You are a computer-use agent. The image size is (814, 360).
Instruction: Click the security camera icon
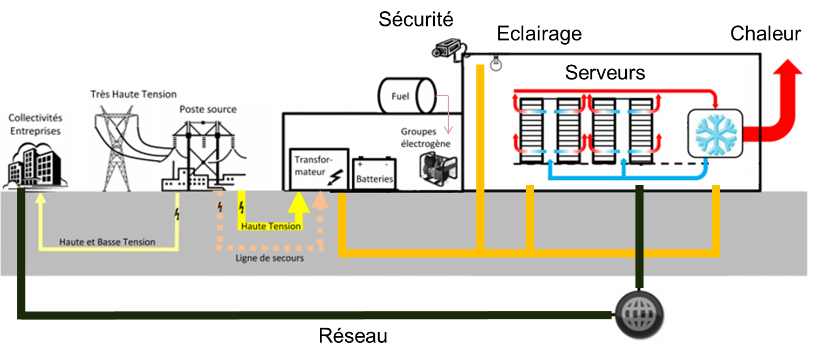pyautogui.click(x=447, y=48)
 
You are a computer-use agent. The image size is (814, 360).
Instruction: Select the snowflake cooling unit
pyautogui.click(x=715, y=133)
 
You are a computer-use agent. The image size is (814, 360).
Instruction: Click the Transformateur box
pyautogui.click(x=319, y=169)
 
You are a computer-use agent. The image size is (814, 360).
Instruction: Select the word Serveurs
pyautogui.click(x=605, y=72)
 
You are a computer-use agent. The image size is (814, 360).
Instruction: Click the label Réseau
pyautogui.click(x=353, y=336)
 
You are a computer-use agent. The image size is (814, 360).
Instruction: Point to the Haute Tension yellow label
pyautogui.click(x=271, y=226)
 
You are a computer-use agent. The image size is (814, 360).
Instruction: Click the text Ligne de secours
pyautogui.click(x=270, y=258)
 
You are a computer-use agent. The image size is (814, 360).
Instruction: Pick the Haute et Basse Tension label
pyautogui.click(x=107, y=242)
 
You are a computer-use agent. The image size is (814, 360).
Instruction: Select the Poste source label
pyautogui.click(x=208, y=109)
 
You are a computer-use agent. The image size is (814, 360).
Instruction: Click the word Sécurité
pyautogui.click(x=416, y=19)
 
